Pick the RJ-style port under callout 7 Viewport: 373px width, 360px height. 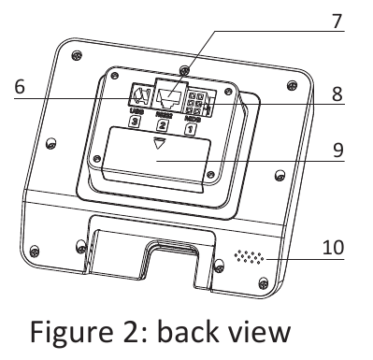tap(170, 95)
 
